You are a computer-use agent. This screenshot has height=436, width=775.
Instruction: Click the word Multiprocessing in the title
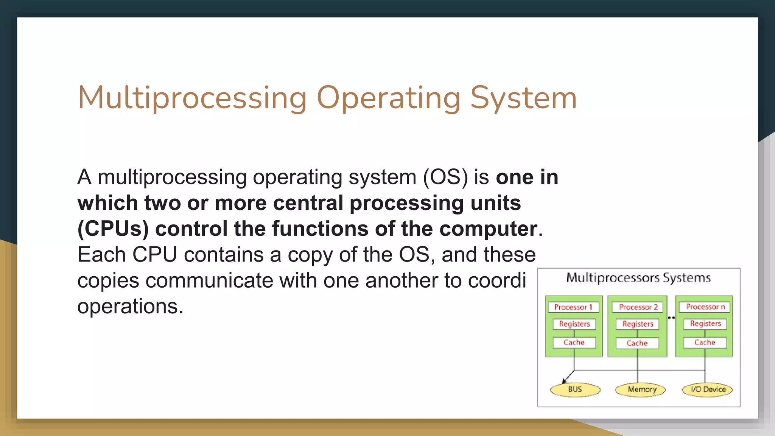(192, 98)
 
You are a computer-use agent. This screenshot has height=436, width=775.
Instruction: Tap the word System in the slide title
(523, 98)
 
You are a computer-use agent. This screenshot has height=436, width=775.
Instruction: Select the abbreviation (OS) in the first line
(445, 177)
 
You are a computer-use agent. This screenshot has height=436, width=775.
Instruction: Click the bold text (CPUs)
(113, 229)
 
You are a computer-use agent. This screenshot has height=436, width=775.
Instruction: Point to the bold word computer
(488, 229)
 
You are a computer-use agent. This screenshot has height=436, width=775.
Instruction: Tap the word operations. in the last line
(130, 306)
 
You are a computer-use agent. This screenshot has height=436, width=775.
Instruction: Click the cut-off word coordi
(497, 280)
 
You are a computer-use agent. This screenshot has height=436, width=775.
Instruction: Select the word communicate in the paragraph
(209, 280)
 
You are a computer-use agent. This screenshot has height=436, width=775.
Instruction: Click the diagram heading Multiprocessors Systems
(638, 278)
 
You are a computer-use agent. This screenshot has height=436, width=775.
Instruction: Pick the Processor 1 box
(573, 307)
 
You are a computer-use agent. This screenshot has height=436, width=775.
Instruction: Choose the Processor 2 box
(638, 307)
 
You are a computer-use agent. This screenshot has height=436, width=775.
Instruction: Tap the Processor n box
(705, 307)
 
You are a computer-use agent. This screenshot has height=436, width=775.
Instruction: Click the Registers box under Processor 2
(638, 324)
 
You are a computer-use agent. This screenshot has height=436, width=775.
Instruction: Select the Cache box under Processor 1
(574, 343)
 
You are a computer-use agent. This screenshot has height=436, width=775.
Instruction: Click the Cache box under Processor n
(705, 343)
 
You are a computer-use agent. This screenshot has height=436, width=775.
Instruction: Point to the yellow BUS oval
(575, 389)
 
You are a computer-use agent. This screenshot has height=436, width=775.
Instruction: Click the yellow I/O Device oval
(707, 389)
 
